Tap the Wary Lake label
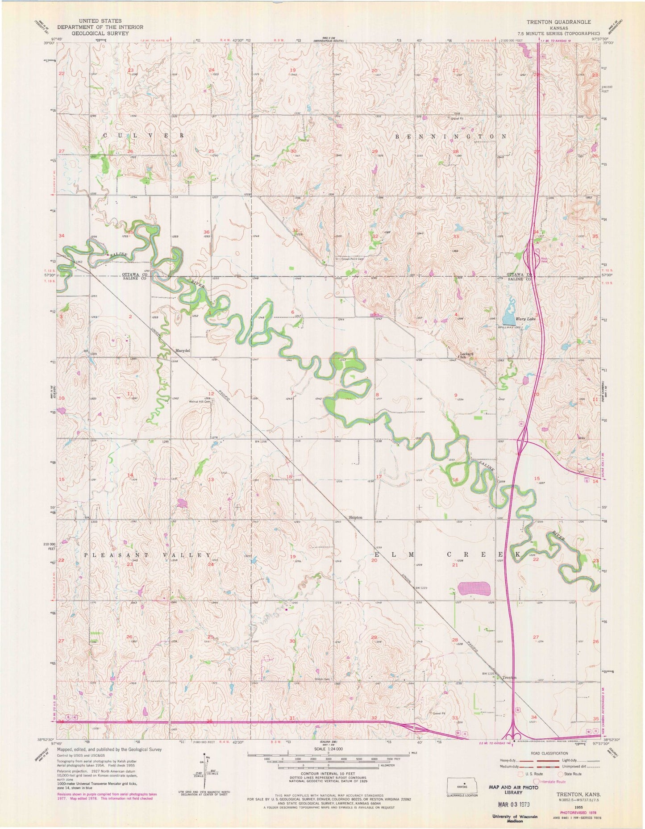525,319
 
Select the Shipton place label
355,517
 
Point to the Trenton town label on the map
509,678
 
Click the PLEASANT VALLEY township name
147,555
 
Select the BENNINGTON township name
451,136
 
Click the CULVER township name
143,135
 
